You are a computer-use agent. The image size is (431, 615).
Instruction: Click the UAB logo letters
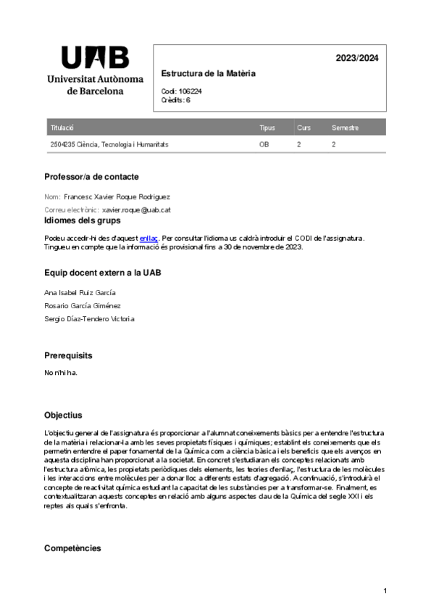pyautogui.click(x=95, y=57)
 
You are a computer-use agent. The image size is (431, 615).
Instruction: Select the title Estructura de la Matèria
pyautogui.click(x=208, y=74)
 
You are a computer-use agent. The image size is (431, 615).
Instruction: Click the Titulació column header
pyautogui.click(x=62, y=128)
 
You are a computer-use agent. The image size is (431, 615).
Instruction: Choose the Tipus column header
pyautogui.click(x=267, y=128)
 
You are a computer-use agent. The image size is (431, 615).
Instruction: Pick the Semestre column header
pyautogui.click(x=345, y=128)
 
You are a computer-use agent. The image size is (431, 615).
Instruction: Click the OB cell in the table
pyautogui.click(x=264, y=144)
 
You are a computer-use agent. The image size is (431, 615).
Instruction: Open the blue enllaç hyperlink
pyautogui.click(x=148, y=237)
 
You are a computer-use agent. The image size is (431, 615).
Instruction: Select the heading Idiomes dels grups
pyautogui.click(x=82, y=221)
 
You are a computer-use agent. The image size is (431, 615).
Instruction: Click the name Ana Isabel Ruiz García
pyautogui.click(x=80, y=292)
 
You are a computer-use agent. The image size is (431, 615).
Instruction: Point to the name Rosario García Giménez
pyautogui.click(x=83, y=305)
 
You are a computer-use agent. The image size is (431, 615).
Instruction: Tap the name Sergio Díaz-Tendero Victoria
pyautogui.click(x=89, y=318)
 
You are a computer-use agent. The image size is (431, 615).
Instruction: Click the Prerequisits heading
pyautogui.click(x=68, y=355)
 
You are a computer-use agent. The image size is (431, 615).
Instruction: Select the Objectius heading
pyautogui.click(x=63, y=416)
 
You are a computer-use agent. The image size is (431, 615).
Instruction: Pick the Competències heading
pyautogui.click(x=72, y=548)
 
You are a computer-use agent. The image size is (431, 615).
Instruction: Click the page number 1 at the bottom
pyautogui.click(x=385, y=592)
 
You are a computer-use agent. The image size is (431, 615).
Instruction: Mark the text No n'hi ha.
pyautogui.click(x=60, y=373)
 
